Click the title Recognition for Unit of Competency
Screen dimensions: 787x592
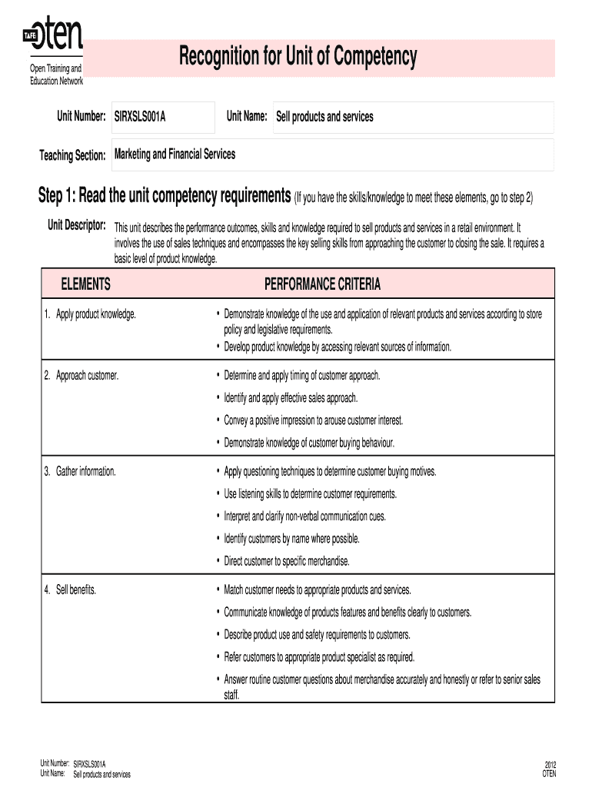point(298,57)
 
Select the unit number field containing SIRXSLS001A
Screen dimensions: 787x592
point(162,117)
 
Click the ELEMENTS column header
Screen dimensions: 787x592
point(86,285)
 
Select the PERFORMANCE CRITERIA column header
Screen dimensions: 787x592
point(322,285)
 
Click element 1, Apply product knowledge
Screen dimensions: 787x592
point(91,314)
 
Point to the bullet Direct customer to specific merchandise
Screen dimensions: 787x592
point(287,561)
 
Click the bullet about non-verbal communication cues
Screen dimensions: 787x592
point(304,516)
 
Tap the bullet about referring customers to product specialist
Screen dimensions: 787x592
point(319,657)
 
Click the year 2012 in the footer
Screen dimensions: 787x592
point(550,764)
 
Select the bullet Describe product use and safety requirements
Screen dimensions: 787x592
point(317,635)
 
